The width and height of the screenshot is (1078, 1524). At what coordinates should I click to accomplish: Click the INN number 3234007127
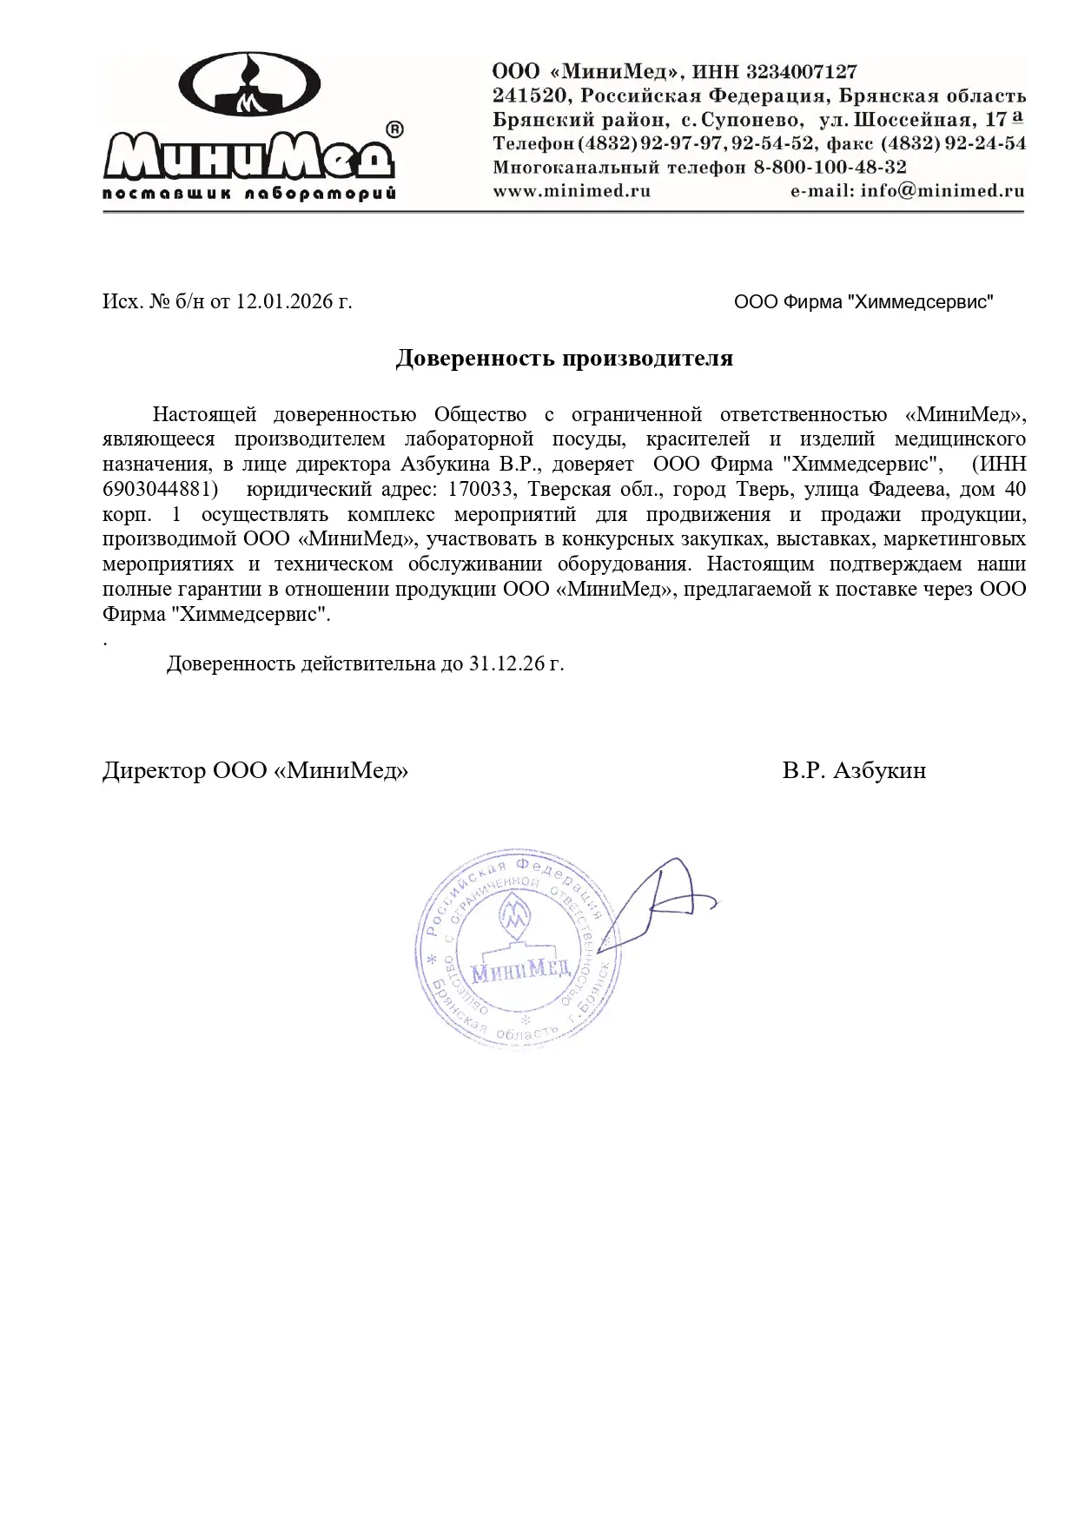pos(801,71)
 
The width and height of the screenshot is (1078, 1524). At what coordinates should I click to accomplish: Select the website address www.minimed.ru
pos(572,191)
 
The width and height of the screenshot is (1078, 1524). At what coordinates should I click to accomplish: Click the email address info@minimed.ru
pos(942,191)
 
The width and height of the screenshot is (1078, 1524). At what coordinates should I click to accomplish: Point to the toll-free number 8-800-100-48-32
pos(830,167)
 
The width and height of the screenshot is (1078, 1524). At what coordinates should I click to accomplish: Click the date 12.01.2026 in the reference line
pos(285,301)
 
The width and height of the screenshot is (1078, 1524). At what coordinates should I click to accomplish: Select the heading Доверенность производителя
pos(564,358)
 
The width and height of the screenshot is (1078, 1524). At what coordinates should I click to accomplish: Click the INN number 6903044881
pos(160,489)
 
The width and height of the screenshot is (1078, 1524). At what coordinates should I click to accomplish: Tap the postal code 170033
pos(479,489)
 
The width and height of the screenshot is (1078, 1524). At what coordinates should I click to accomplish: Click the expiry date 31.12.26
pos(506,663)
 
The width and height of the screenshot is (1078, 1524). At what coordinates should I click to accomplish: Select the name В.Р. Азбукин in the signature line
pos(853,770)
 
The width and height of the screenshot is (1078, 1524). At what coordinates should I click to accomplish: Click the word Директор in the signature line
pos(154,770)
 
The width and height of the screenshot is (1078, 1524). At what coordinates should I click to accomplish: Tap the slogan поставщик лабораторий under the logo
pos(249,193)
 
